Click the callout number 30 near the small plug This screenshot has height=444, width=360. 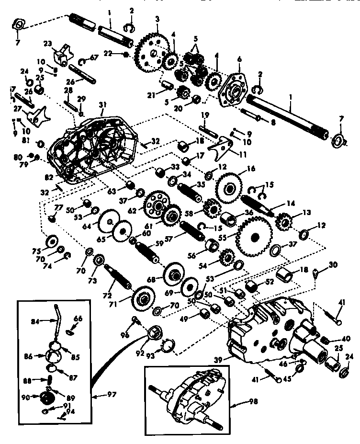[333, 265]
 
